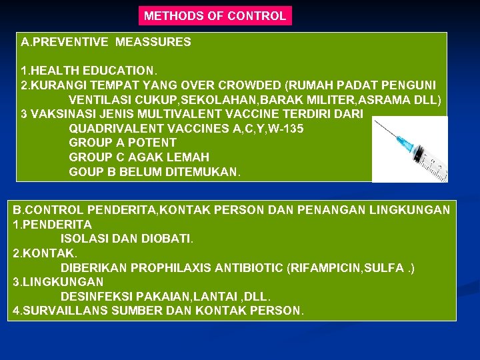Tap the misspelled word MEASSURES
tap(153, 42)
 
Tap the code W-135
tap(285, 129)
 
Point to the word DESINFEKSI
tap(93, 297)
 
